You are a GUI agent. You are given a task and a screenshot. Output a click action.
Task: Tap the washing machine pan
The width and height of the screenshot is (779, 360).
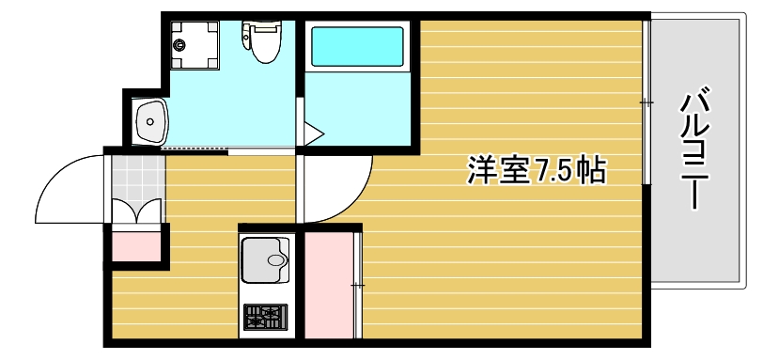pyautogui.click(x=195, y=44)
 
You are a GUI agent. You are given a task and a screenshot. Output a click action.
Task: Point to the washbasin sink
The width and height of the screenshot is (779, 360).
pyautogui.click(x=149, y=119)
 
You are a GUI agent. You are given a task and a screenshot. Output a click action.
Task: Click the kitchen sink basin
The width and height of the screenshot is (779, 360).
pyautogui.click(x=266, y=258)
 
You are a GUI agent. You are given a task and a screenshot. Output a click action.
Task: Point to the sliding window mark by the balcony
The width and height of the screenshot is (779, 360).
pyautogui.click(x=647, y=102)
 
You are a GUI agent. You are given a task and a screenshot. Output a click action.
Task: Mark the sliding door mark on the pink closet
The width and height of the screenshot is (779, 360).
pyautogui.click(x=356, y=283)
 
